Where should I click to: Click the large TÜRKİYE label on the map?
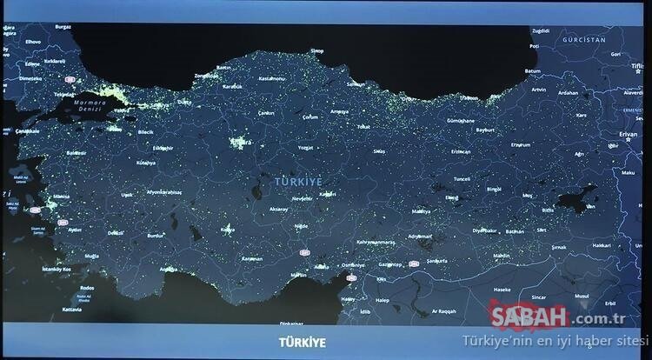click(298, 181)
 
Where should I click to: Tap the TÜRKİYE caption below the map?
click(302, 343)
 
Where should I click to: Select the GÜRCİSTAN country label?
click(582, 41)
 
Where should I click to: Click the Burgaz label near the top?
click(63, 27)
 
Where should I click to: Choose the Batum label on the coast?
click(532, 70)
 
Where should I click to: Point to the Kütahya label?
click(145, 163)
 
